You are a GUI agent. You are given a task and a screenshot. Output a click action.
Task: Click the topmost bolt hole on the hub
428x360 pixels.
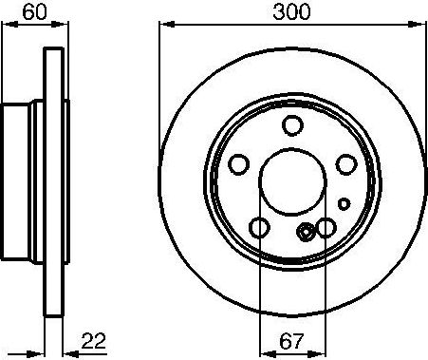coord(293,125)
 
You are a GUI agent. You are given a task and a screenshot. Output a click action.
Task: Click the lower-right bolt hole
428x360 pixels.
coord(326,227)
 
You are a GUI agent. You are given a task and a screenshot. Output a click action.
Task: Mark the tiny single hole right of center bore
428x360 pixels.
coord(344,201)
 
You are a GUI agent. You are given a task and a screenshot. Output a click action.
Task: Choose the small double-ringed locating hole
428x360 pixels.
coord(307,232)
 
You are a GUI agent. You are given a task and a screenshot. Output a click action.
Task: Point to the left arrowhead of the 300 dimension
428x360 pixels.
coord(162,26)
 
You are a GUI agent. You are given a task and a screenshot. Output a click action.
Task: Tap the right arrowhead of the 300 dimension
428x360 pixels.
coord(421,26)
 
